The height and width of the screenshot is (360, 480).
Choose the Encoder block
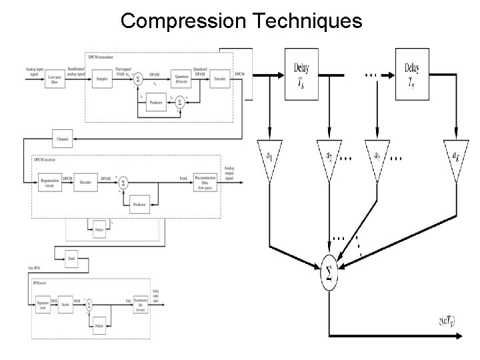(x=219, y=78)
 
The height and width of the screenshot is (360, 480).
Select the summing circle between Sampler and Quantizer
(x=138, y=79)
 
